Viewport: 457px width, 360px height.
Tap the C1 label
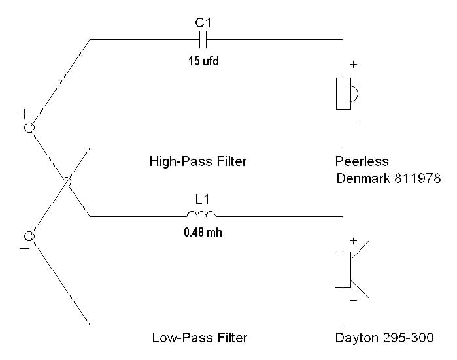(203, 24)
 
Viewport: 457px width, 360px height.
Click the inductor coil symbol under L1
(201, 214)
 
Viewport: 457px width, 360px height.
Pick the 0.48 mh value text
(201, 230)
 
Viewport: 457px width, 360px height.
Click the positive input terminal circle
(29, 128)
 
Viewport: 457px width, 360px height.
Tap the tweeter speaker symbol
(345, 93)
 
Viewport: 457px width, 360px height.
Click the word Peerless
(362, 161)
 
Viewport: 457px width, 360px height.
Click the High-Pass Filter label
(198, 161)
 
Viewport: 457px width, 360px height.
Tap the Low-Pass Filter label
(199, 338)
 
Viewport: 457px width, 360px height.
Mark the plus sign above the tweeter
(354, 65)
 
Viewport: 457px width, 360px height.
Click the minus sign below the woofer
(354, 301)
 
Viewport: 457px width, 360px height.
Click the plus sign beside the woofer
(354, 241)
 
